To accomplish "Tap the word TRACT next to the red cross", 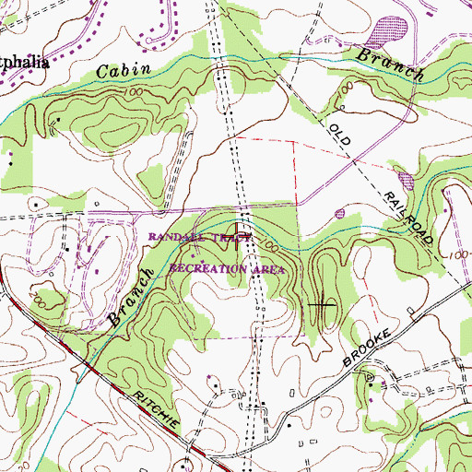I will (x=232, y=238).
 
